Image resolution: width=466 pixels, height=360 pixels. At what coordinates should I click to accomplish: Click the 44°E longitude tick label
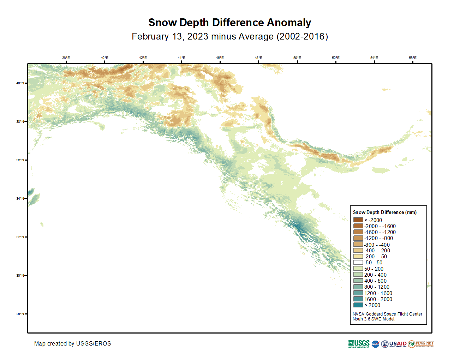tap(181, 58)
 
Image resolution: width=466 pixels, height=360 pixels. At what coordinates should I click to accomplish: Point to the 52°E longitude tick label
tap(335, 58)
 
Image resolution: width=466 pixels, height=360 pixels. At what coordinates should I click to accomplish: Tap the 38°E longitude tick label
tap(66, 58)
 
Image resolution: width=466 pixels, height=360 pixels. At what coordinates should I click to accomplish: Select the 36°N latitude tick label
tap(20, 160)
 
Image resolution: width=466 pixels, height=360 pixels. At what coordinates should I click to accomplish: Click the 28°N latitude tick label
tap(20, 314)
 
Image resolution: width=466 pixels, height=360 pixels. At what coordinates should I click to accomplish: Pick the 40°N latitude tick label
tap(20, 83)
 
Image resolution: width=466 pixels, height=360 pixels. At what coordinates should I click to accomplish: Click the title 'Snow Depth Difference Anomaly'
tap(229, 23)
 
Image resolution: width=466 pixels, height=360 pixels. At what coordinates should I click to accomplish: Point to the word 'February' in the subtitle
tap(150, 37)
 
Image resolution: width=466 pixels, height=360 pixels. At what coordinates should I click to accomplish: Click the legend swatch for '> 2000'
tap(358, 305)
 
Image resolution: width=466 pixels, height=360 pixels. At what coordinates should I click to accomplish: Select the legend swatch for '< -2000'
tap(358, 220)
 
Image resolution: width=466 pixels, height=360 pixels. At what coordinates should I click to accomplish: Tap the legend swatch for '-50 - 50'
tap(358, 263)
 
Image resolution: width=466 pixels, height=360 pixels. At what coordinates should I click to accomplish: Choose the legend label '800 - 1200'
tap(377, 287)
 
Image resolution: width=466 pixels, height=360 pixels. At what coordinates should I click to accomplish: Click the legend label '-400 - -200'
tap(377, 251)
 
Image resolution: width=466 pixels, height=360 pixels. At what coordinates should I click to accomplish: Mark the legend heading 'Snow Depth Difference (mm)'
tap(385, 212)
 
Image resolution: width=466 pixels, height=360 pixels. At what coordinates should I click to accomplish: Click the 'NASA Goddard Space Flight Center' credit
tap(387, 314)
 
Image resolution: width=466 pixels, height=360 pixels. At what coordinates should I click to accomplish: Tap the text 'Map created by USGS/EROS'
tap(73, 343)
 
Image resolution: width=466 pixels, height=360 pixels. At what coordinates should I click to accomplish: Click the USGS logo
tap(359, 344)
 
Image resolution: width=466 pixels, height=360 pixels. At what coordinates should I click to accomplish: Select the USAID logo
tap(398, 344)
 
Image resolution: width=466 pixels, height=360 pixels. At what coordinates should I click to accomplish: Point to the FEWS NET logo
tap(421, 344)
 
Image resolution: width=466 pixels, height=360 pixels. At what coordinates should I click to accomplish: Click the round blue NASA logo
tap(375, 344)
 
